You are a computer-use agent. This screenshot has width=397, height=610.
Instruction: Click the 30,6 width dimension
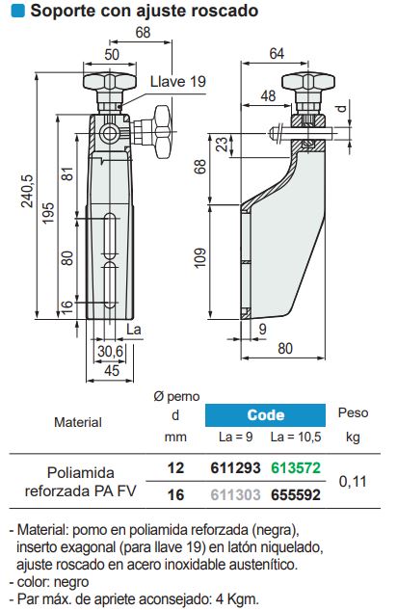[112, 353]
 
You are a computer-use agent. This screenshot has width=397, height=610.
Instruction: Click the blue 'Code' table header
[265, 415]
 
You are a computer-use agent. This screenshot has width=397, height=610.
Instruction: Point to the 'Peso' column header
[353, 412]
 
